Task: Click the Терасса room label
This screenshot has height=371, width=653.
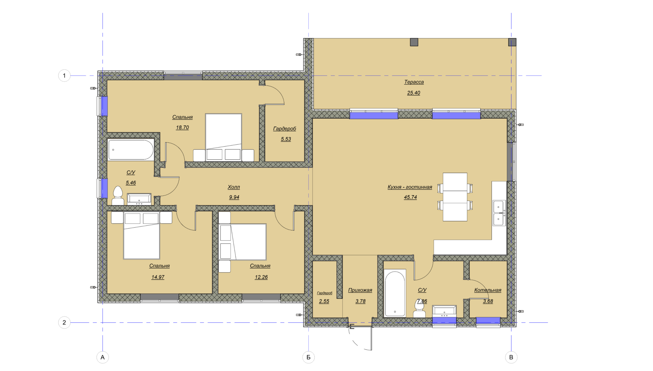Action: point(414,82)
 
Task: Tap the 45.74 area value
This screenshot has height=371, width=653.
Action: point(410,197)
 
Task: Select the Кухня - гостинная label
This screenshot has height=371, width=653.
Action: point(410,187)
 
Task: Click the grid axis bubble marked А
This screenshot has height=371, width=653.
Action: point(103,357)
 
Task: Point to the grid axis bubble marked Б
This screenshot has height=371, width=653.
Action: point(308,357)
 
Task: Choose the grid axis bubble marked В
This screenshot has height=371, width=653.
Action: point(511,357)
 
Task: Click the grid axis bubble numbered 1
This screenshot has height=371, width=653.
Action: point(64,76)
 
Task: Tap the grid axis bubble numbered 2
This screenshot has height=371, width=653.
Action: point(64,322)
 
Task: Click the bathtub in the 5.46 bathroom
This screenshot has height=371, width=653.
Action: point(131,150)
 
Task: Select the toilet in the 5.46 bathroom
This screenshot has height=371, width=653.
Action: point(118,195)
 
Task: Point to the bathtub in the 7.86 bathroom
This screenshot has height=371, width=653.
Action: point(395,293)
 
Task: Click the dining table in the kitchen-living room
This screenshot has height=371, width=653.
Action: point(455,197)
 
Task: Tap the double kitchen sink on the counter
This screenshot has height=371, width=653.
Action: point(499,213)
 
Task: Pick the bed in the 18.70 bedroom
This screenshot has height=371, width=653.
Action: point(223,137)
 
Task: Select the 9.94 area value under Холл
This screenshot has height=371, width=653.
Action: point(234,197)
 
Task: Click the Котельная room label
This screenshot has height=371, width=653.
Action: point(488,290)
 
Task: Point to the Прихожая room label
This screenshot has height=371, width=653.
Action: point(360,290)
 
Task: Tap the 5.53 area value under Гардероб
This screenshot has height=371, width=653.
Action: point(286,139)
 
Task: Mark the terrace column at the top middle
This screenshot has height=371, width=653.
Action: point(414,42)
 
